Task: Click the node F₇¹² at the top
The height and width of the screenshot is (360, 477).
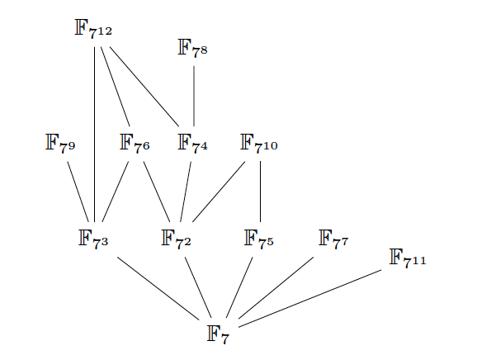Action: [x=93, y=29]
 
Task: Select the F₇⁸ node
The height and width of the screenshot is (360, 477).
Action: [x=192, y=49]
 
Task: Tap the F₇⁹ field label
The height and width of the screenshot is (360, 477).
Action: [x=60, y=144]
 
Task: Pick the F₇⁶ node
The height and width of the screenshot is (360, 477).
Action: [x=135, y=144]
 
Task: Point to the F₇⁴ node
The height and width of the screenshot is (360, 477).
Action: [x=192, y=144]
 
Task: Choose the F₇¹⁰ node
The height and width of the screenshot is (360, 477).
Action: [x=259, y=144]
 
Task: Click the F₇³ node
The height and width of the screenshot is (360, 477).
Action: [x=93, y=239]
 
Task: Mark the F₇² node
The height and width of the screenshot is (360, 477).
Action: [x=176, y=239]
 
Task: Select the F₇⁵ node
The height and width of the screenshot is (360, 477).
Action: [x=259, y=239]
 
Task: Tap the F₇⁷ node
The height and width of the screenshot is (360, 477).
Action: [x=333, y=239]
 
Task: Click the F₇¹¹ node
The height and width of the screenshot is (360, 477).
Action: [x=408, y=258]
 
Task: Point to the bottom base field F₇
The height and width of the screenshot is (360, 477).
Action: [x=218, y=334]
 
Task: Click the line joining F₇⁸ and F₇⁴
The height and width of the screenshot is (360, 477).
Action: [x=194, y=96]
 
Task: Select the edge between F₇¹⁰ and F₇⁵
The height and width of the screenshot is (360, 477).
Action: [x=261, y=192]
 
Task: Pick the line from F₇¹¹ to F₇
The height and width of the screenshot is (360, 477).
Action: [x=310, y=299]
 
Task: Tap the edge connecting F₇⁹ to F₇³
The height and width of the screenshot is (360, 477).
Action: [x=78, y=192]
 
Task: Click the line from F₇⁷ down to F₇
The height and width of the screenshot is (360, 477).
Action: [x=276, y=288]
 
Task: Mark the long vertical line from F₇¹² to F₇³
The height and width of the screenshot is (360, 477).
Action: [x=95, y=135]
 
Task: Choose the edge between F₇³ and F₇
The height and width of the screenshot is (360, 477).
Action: [x=158, y=288]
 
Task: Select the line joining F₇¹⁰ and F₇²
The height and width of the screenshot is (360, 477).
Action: [x=219, y=192]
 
